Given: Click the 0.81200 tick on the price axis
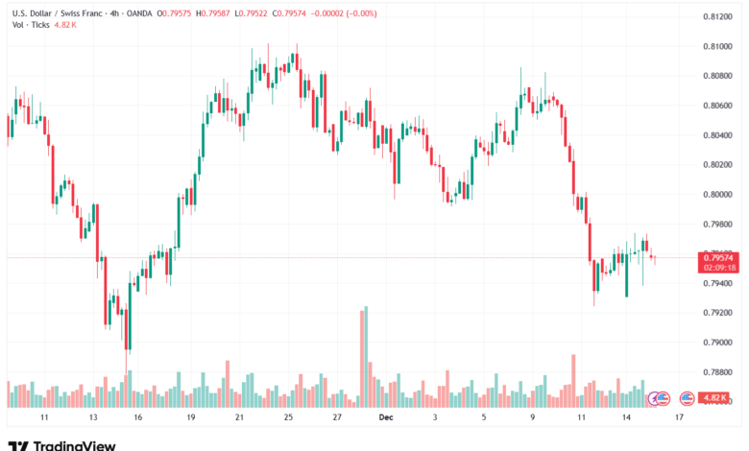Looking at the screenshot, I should pos(715,16).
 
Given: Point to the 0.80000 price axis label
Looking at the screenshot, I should pos(715,194).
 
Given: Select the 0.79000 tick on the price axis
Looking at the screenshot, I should pos(715,343).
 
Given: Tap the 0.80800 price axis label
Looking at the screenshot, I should pos(715,76).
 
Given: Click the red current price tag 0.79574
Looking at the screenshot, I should pos(718,257).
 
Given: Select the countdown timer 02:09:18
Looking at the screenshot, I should pos(718,268).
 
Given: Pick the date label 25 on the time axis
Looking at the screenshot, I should pos(288,418).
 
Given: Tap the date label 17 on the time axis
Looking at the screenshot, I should pos(679,418).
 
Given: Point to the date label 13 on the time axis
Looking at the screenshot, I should pos(93,418).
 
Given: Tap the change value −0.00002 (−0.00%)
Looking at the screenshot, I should pos(343,13).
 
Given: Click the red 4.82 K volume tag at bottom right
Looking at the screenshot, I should pos(716,397).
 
